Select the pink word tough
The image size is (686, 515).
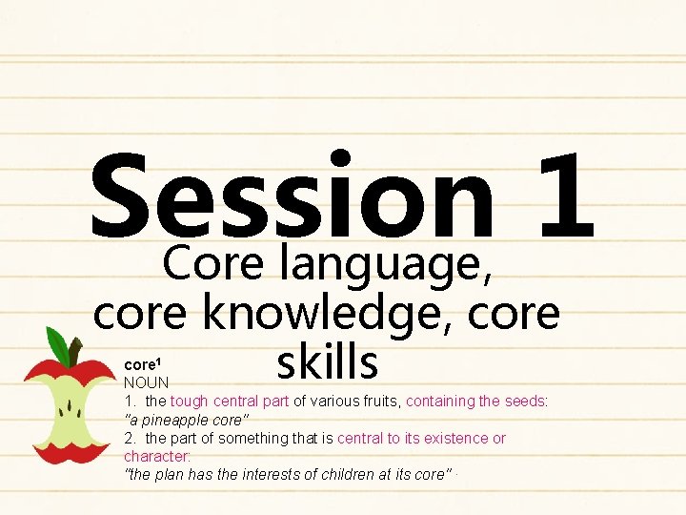(189, 402)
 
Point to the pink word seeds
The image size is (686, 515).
(525, 402)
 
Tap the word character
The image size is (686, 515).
(157, 456)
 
